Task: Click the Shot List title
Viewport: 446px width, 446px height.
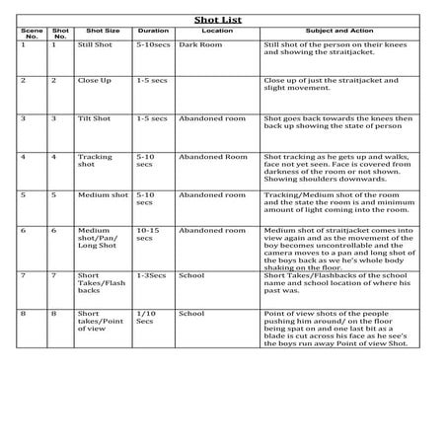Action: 223,18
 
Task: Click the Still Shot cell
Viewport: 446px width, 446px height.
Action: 97,44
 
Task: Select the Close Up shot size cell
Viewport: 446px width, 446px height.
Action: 95,80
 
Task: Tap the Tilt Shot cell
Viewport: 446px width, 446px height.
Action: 95,117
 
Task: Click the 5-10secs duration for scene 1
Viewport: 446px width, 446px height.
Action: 155,44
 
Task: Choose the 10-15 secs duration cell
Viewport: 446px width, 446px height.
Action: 149,235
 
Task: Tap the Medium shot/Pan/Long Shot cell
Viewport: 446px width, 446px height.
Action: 97,240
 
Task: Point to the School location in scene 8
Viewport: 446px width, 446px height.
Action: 192,314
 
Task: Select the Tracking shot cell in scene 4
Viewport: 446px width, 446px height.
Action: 96,160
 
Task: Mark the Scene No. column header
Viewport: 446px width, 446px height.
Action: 26,33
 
